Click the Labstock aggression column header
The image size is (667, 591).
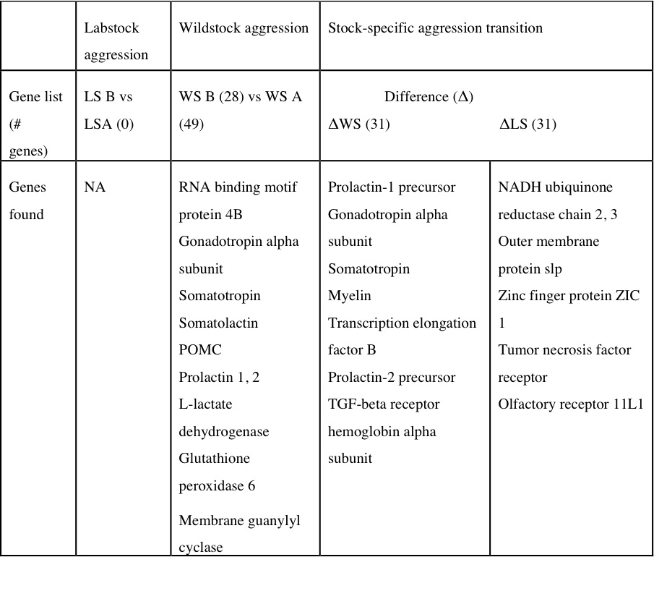pos(116,41)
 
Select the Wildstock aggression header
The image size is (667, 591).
pos(244,28)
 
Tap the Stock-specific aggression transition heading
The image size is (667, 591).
pos(435,28)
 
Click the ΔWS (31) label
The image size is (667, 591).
pos(359,124)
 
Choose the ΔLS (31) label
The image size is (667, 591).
pos(528,124)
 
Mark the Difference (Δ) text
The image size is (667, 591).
pos(429,97)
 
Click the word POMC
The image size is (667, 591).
pos(200,350)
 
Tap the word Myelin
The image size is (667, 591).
pos(349,296)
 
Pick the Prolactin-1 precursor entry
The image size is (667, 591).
pos(392,187)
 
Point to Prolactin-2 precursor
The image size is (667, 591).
pos(392,378)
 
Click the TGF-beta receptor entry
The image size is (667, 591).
pos(383,404)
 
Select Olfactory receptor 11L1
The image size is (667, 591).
pos(570,404)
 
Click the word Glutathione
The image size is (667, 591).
pos(214,459)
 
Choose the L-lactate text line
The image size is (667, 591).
pos(205,404)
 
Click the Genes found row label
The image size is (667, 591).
pos(27,200)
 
